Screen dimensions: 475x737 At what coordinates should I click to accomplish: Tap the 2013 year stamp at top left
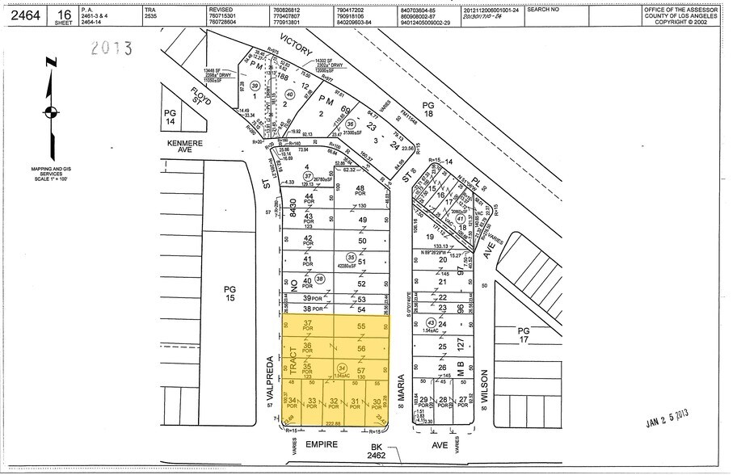pos(111,48)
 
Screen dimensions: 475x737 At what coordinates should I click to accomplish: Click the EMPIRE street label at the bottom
pos(322,443)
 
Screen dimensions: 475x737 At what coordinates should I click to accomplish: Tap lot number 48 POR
pos(362,192)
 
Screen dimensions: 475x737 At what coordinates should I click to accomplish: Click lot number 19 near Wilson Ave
pos(441,237)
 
